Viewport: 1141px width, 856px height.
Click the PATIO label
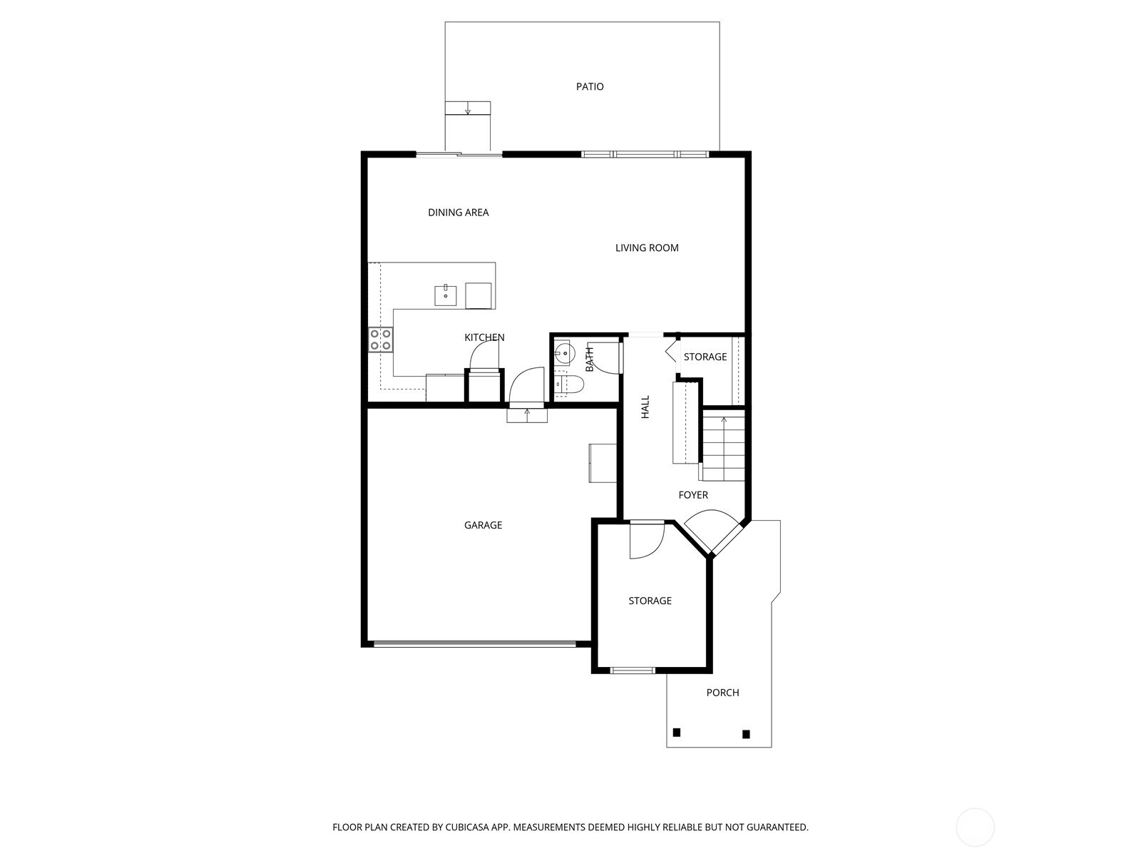590,87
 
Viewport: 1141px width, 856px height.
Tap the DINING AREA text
458,213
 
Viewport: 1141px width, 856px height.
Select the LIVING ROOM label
647,248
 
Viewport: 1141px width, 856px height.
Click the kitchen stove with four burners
380,340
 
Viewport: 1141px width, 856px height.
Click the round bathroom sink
564,352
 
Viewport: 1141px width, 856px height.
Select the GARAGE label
483,526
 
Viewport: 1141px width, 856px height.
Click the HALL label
645,407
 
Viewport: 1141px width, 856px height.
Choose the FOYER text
693,495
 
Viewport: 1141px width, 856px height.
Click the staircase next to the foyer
724,446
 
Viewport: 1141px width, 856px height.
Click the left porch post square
677,732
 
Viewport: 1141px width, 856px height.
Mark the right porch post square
746,734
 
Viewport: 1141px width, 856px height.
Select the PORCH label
722,693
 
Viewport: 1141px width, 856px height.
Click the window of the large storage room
633,670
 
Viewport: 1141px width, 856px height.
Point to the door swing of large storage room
647,541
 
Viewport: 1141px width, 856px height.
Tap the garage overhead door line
474,644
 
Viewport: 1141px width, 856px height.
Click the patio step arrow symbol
468,108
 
